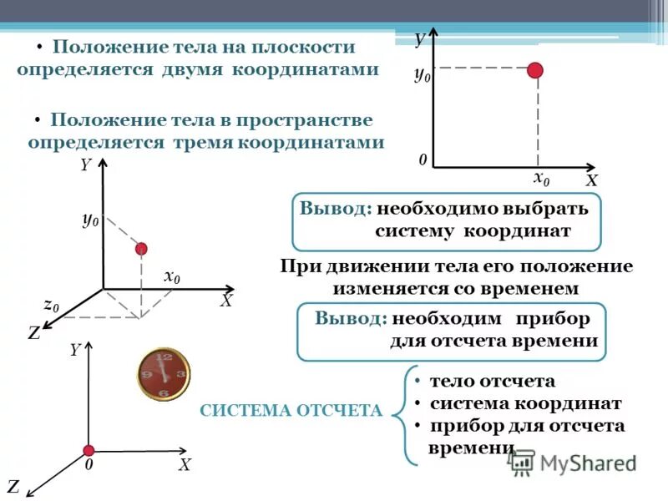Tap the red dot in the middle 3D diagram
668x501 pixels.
(141, 248)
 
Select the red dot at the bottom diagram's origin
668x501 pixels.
(87, 451)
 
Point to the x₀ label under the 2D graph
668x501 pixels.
(541, 179)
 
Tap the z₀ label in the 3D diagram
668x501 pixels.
(52, 306)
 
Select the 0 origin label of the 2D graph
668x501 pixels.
(423, 159)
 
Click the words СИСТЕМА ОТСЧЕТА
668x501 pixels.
(291, 410)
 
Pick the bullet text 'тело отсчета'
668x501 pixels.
(492, 382)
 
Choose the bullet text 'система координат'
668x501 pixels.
(525, 403)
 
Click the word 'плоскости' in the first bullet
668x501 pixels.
(305, 48)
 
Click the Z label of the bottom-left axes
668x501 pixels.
(13, 485)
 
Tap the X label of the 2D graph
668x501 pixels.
(591, 180)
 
